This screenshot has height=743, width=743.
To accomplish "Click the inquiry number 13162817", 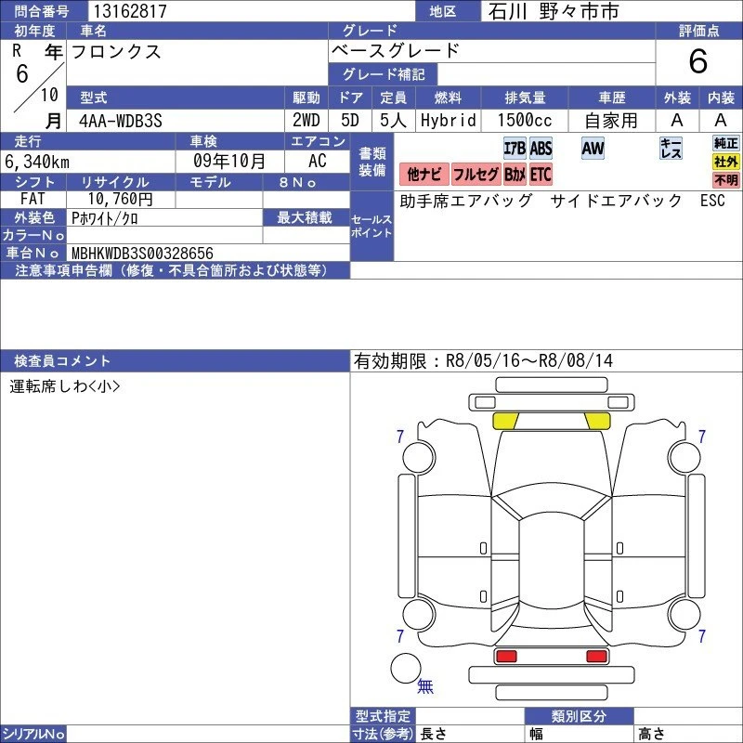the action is pos(130,11).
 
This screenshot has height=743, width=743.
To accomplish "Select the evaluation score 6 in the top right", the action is pos(698,61).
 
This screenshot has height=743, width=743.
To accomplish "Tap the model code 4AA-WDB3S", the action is pos(121,121).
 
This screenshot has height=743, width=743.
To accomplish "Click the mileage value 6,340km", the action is pos(37,162).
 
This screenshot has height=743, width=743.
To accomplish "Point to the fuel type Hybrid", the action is pos(449,121).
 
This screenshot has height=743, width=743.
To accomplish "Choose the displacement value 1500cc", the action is pos(525,121).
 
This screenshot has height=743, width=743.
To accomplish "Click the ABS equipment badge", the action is pos(541,149).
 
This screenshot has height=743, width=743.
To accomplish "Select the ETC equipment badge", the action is pos(541,175).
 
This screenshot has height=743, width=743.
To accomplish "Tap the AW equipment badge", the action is pos(593,149).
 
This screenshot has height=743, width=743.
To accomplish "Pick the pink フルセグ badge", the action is pos(476,175).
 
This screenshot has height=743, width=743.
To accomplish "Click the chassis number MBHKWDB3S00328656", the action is pos(142,253).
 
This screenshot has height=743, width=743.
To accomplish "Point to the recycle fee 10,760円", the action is pos(121,199).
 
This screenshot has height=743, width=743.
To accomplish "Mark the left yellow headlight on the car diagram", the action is pos(505,421).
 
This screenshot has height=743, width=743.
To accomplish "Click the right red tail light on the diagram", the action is pos(596,657).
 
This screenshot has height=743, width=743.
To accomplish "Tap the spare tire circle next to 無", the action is pos(406,668).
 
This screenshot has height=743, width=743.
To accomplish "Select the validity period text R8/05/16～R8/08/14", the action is pos(529,361).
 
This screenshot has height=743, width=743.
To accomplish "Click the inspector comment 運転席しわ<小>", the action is pos(64,386).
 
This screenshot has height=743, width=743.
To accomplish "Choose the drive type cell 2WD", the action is pos(306,121).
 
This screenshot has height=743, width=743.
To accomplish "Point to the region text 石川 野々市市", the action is pos(554,11).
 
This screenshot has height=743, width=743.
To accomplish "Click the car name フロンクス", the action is pos(116,52).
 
